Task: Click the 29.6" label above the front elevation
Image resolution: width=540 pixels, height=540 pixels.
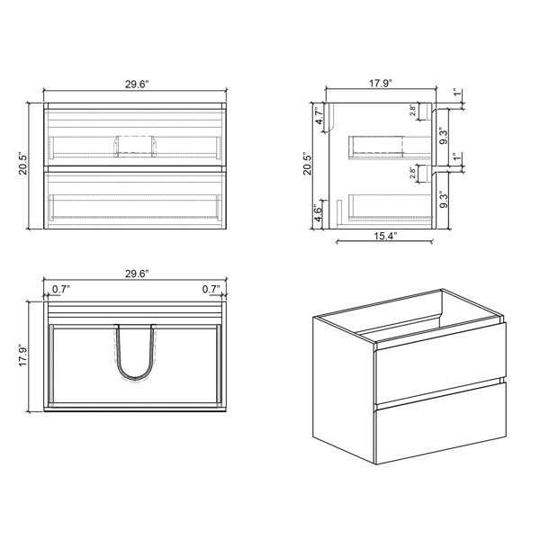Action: [137, 85]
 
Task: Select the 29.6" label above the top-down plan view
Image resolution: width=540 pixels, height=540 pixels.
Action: [137, 274]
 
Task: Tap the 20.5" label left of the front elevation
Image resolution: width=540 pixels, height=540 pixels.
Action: [22, 164]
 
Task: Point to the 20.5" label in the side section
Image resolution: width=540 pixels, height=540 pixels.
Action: [307, 164]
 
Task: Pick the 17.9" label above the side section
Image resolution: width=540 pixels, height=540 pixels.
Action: [381, 84]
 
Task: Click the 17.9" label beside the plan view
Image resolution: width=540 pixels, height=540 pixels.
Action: [22, 355]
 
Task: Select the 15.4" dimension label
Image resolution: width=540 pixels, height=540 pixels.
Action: [386, 236]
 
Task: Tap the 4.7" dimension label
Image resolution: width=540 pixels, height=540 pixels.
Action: [319, 116]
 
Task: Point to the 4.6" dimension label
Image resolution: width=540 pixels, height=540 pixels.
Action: [319, 213]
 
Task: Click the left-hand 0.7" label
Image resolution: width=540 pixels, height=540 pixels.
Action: [61, 289]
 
